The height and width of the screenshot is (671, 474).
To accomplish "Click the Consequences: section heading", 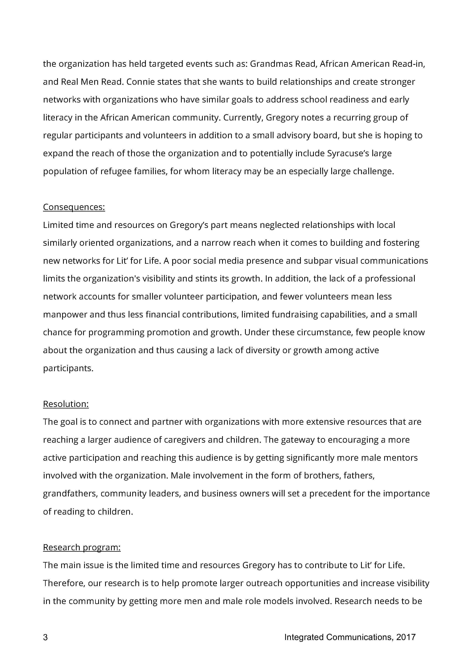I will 74,207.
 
